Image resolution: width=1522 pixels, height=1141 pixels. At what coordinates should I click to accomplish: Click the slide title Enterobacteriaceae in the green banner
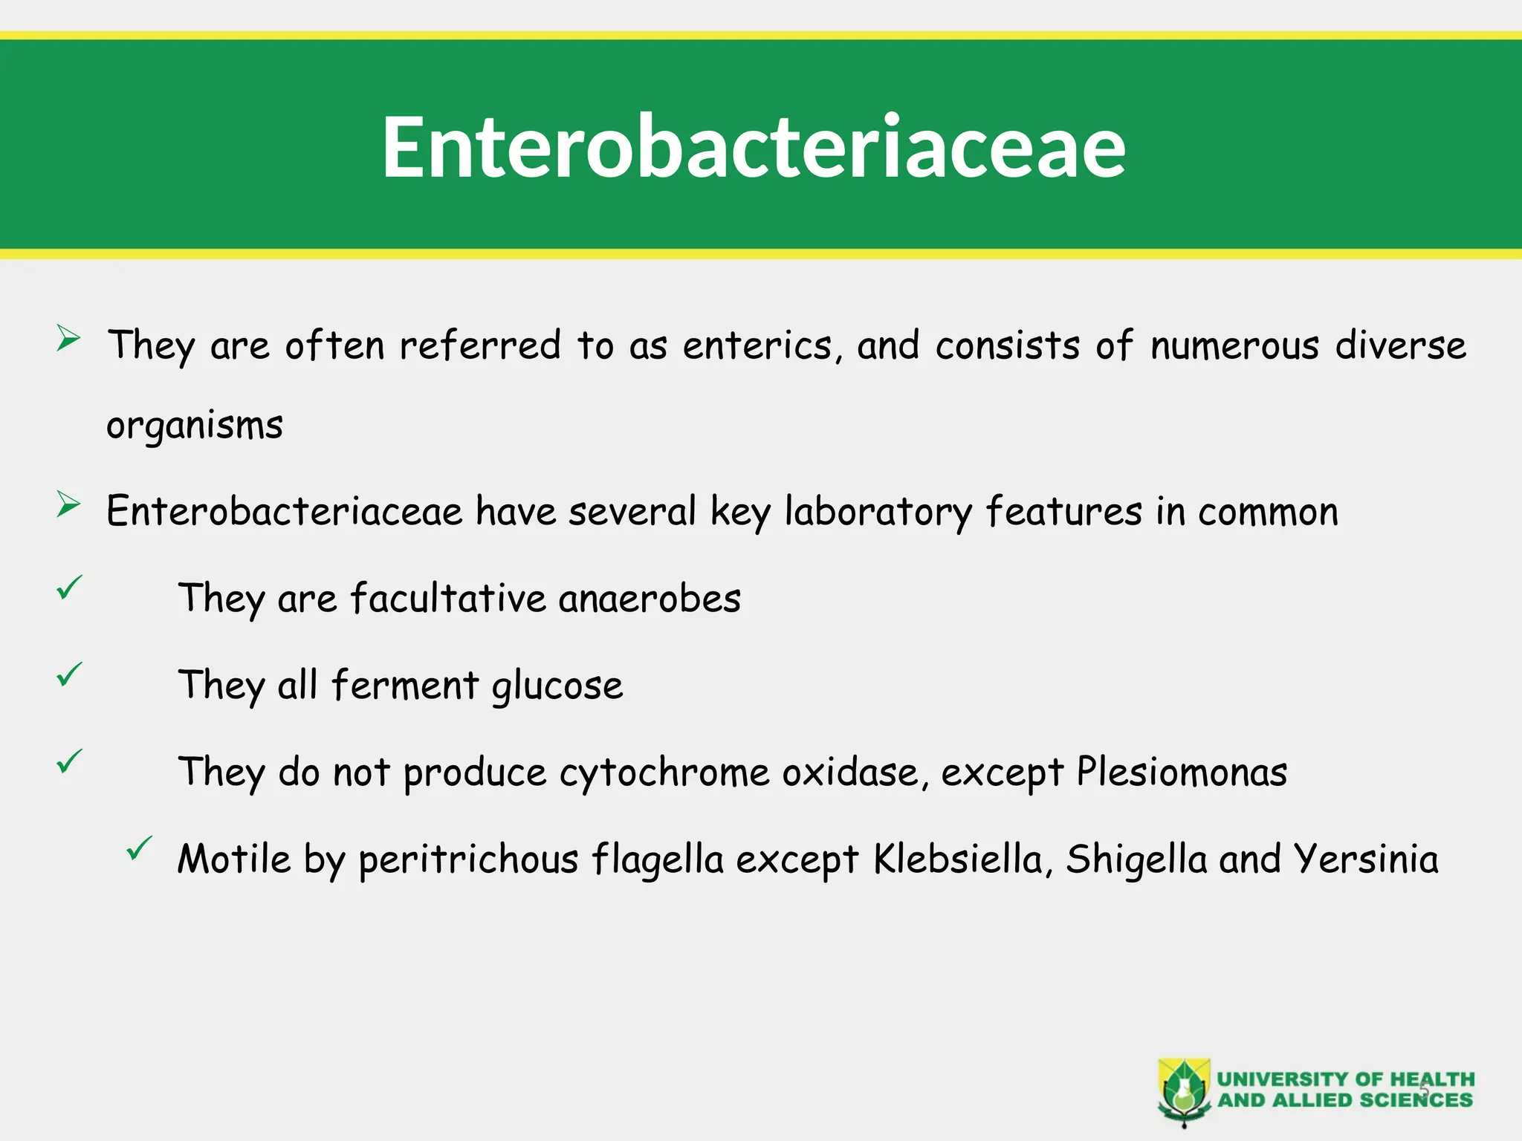pyautogui.click(x=754, y=147)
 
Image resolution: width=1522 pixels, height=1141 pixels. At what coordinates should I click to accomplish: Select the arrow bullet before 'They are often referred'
pyautogui.click(x=68, y=339)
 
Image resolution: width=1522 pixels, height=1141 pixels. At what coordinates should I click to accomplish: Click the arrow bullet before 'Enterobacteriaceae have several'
pyautogui.click(x=68, y=506)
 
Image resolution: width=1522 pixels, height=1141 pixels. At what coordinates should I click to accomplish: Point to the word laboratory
pyautogui.click(x=878, y=513)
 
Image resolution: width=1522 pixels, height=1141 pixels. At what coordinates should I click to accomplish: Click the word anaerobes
pyautogui.click(x=650, y=599)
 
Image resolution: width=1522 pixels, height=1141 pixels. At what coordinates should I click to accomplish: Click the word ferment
pyautogui.click(x=405, y=685)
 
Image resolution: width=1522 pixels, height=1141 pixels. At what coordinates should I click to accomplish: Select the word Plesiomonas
pyautogui.click(x=1182, y=773)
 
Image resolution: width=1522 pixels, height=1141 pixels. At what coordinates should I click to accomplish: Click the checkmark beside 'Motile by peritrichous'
pyautogui.click(x=139, y=848)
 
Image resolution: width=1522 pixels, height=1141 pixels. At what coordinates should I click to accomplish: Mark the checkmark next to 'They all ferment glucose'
pyautogui.click(x=69, y=674)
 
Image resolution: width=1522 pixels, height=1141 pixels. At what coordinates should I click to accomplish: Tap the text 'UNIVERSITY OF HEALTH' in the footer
pyautogui.click(x=1345, y=1079)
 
